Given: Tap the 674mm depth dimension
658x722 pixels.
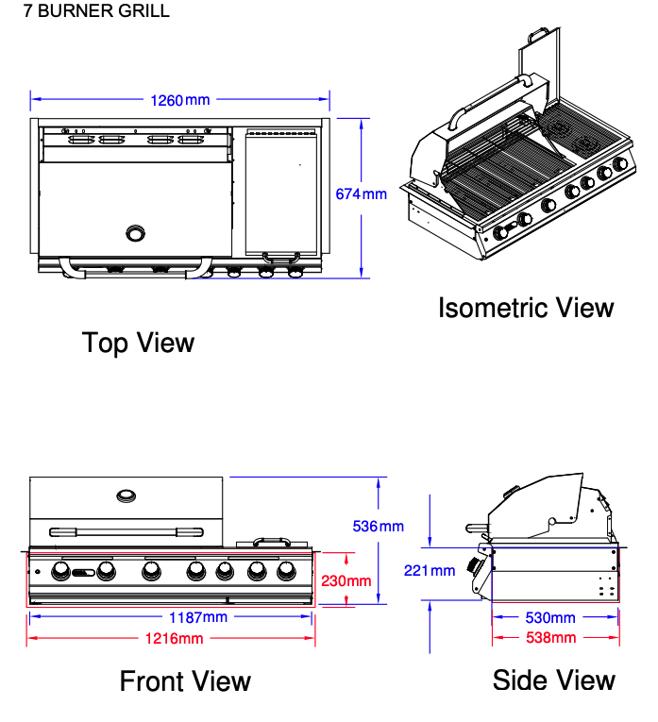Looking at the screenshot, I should (x=362, y=194).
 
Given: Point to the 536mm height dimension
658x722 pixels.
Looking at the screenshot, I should (x=378, y=526).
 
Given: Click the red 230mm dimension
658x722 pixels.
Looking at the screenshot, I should (x=346, y=580).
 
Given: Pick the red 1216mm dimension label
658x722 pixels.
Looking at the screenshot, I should (x=175, y=639).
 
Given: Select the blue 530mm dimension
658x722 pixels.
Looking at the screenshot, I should (x=549, y=618).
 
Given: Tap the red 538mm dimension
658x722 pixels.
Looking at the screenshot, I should (x=549, y=638).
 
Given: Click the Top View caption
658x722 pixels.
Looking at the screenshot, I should (x=138, y=343).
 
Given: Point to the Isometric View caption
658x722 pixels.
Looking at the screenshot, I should (x=526, y=308).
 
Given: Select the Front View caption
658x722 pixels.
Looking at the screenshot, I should (x=185, y=680).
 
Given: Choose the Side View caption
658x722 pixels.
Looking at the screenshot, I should (x=553, y=680).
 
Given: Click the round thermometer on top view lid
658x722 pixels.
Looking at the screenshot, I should (x=138, y=232).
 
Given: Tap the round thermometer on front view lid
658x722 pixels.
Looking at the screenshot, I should (x=126, y=495).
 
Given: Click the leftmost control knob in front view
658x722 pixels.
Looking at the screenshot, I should (x=60, y=571).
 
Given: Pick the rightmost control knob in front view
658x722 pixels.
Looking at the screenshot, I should (x=286, y=571).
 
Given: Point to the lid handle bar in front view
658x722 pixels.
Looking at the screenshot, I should (x=126, y=530).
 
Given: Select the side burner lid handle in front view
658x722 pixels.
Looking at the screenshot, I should (x=272, y=541).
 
